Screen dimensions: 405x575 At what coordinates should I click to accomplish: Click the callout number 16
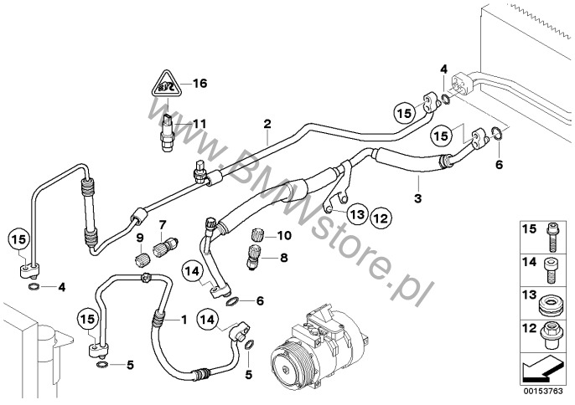(199, 83)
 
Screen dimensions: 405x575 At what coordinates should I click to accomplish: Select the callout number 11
(199, 124)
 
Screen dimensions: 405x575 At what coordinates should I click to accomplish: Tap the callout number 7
(163, 225)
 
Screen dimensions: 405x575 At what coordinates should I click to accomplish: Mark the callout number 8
(283, 258)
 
